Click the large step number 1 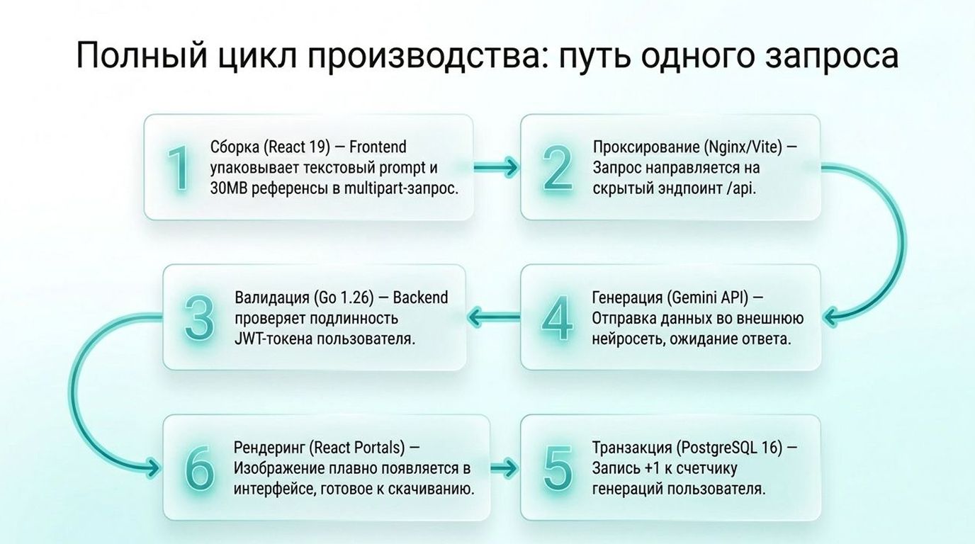[x=178, y=169]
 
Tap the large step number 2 [x=557, y=169]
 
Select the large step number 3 [x=198, y=318]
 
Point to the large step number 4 [x=557, y=318]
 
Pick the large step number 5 [x=557, y=468]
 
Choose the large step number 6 [x=198, y=468]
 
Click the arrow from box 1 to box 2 [x=496, y=168]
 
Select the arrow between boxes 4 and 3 [x=495, y=317]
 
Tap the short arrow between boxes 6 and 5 [x=505, y=468]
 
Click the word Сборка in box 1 [x=236, y=147]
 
